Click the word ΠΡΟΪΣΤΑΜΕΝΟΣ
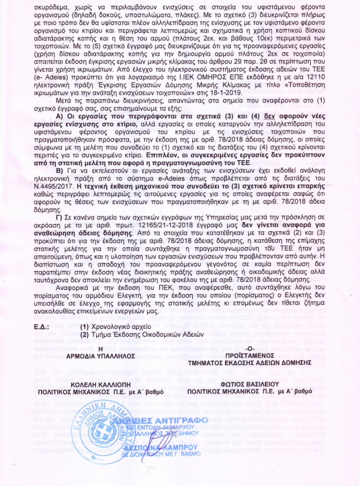tap(256, 355)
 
